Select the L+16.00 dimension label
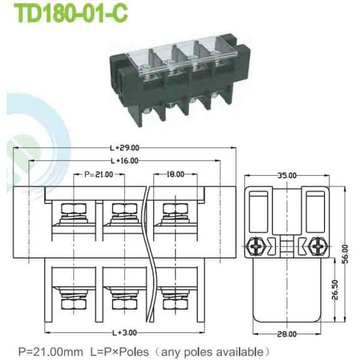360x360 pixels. (x=124, y=161)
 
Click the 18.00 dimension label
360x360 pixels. (x=175, y=175)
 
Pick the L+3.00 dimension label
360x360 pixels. (x=124, y=332)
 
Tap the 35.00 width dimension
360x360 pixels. (x=287, y=175)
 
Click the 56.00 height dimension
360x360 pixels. (x=346, y=249)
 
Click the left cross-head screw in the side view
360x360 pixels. (x=254, y=245)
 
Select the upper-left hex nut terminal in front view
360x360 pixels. (x=73, y=212)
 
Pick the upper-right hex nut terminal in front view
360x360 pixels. (x=175, y=212)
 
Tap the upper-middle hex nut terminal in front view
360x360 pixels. (x=124, y=212)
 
